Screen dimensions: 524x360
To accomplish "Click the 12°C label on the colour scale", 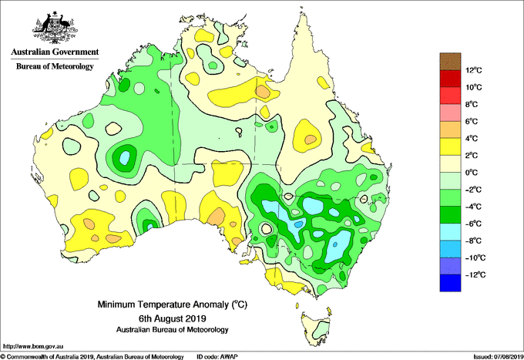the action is (474, 70).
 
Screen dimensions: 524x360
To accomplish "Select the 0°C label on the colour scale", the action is (472, 173).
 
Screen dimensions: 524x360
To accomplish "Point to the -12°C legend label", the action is (475, 274).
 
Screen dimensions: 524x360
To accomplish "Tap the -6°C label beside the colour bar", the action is (474, 224).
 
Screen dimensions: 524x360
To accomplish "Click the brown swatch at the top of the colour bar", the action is (450, 61).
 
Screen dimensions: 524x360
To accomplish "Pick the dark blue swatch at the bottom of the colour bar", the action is (450, 283).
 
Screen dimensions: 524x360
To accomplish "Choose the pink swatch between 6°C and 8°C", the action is (450, 113).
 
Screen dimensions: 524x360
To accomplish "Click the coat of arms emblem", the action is (55, 28).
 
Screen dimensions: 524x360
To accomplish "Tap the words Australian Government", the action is (55, 52).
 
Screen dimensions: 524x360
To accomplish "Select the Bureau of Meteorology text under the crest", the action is (55, 66).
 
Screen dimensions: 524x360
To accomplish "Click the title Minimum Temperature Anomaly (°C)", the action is (172, 304).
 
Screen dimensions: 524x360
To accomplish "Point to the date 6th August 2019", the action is (172, 318).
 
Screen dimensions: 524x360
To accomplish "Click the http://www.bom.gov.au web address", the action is (33, 346).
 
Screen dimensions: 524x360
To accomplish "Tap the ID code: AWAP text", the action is (217, 357).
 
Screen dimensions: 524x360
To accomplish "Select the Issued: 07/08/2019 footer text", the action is (499, 357).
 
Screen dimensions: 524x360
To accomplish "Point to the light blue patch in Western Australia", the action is (124, 157).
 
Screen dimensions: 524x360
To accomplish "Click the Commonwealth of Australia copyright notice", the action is (92, 357).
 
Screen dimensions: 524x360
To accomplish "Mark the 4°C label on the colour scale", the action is (472, 139).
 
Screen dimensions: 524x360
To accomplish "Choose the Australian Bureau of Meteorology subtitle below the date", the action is (172, 330).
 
